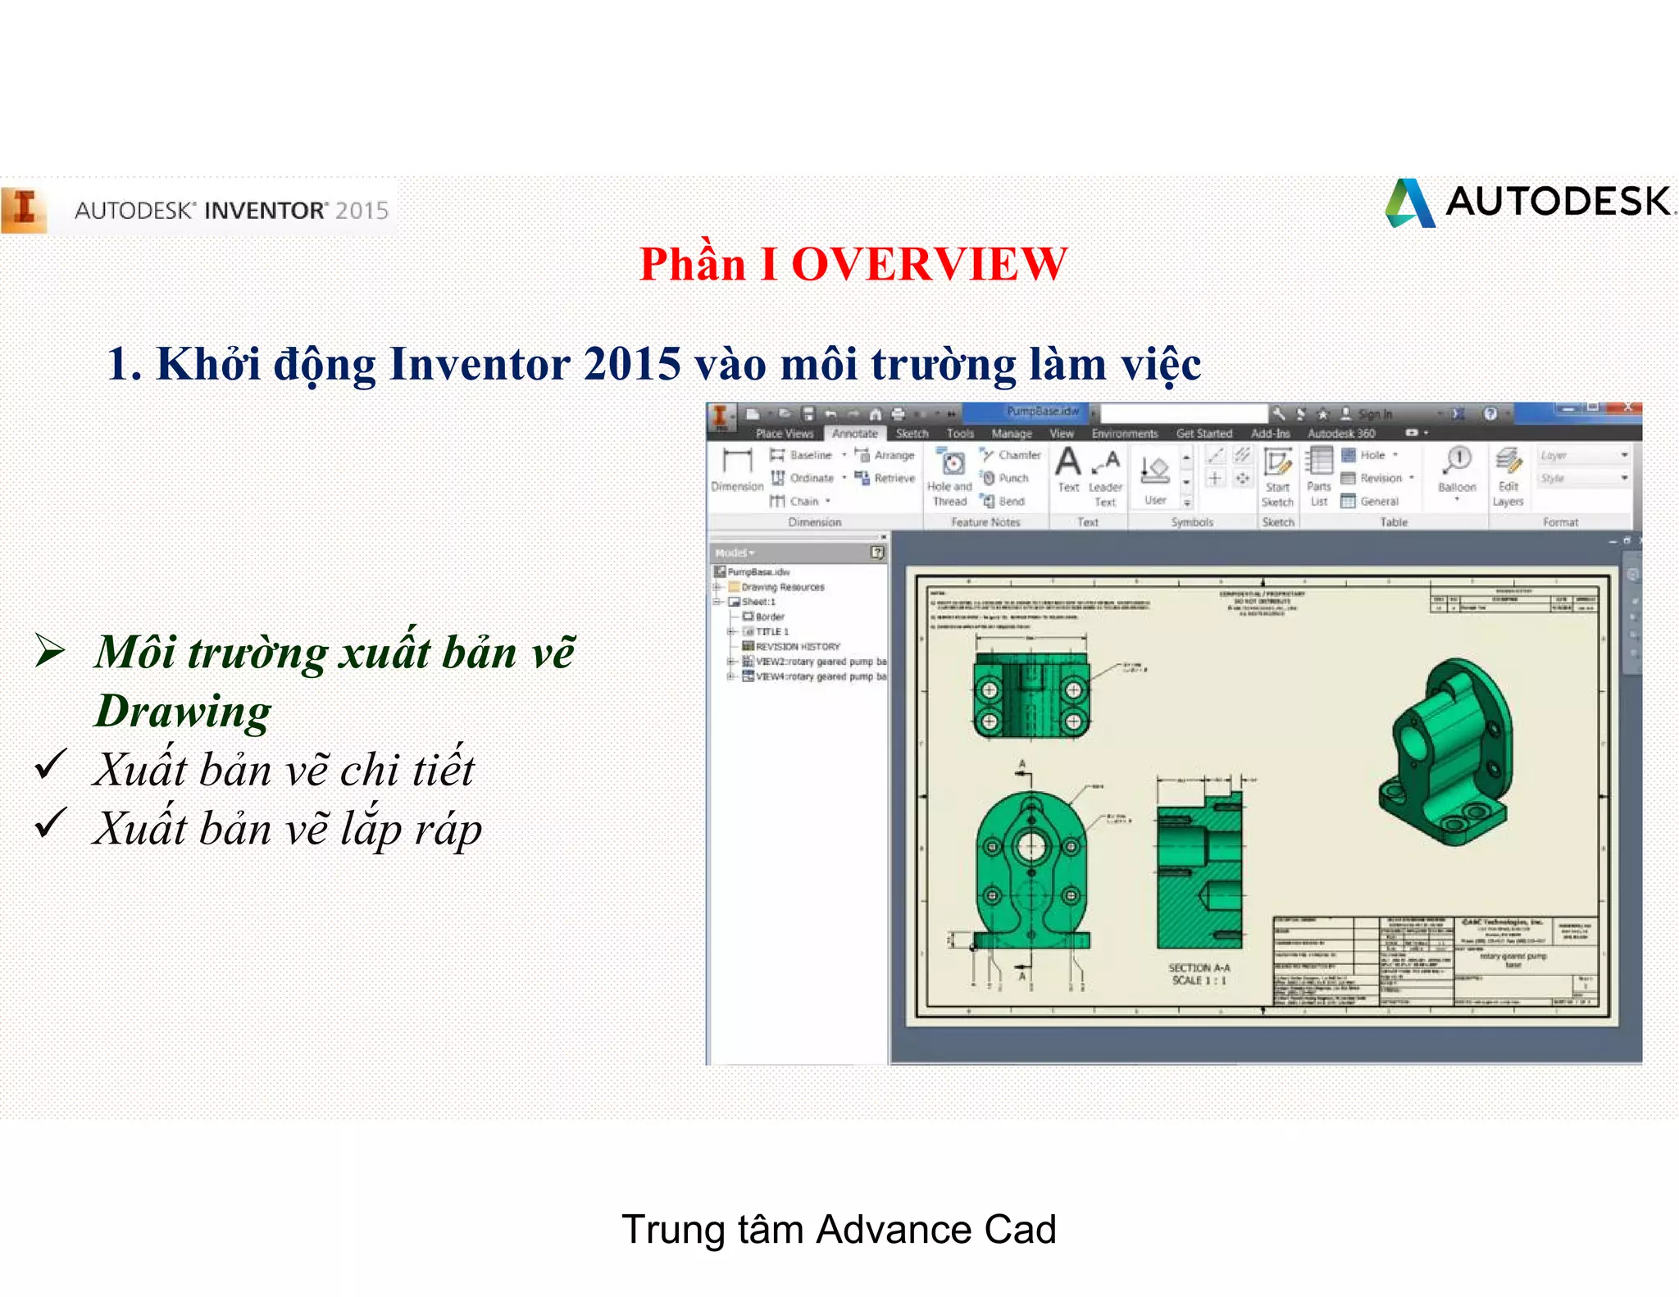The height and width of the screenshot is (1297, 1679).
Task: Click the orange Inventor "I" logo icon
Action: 24,210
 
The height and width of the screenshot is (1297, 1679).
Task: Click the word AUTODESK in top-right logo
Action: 1558,202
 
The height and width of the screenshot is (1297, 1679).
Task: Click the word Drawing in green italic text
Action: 183,711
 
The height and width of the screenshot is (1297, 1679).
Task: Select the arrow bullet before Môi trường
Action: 50,652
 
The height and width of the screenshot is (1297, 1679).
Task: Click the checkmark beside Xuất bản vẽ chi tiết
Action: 51,765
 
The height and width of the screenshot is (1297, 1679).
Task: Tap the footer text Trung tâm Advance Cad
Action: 839,1230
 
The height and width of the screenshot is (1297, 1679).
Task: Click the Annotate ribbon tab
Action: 854,434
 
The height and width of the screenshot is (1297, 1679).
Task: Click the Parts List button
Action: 1318,476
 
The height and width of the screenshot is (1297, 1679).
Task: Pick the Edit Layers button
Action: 1508,476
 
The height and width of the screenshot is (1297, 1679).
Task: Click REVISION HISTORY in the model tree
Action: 797,646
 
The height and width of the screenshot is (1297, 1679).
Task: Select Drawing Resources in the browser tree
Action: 782,587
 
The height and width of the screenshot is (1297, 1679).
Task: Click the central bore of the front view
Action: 1031,847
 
